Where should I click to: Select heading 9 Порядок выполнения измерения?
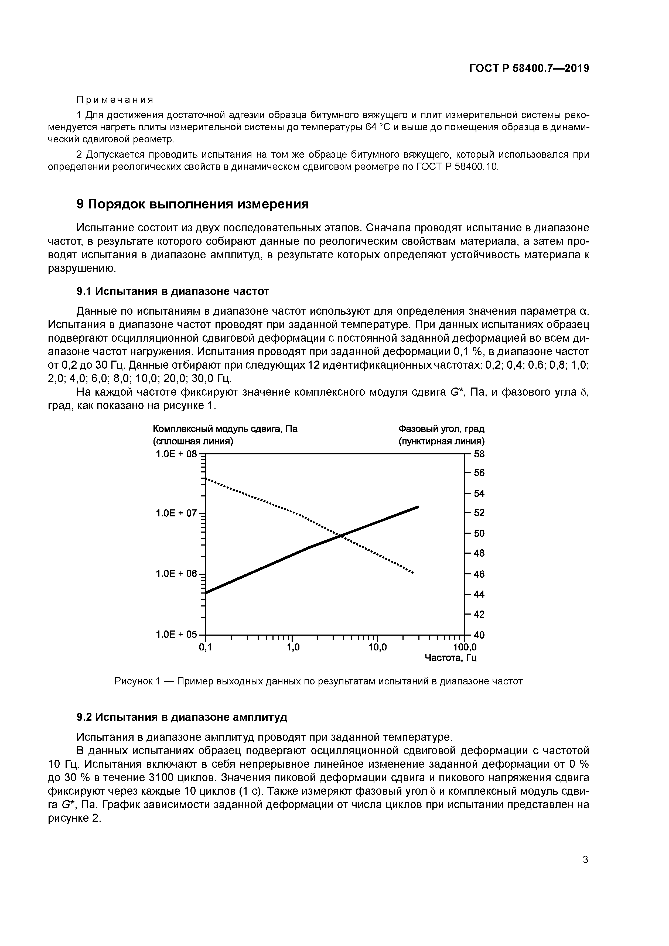[x=193, y=204]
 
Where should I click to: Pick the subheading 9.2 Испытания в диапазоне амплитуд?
[x=182, y=717]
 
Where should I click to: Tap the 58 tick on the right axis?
[x=479, y=454]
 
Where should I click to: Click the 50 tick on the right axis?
[x=479, y=533]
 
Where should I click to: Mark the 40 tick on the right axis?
[x=479, y=635]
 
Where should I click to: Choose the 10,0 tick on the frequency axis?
[x=378, y=647]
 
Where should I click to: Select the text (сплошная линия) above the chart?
[x=193, y=441]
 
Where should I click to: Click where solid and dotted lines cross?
[x=341, y=536]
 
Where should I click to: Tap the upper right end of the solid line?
[x=418, y=506]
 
